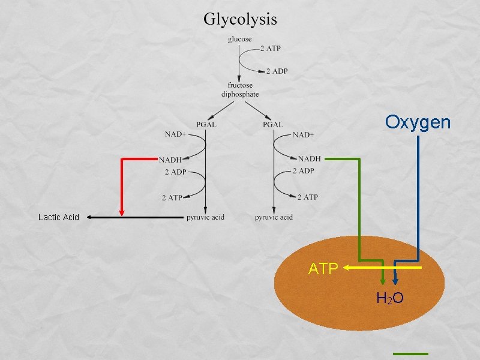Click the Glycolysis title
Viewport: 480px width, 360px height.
coord(240,19)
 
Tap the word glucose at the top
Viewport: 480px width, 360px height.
coord(239,40)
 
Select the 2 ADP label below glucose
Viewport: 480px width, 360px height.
coord(277,71)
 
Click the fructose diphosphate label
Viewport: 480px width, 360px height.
coord(240,89)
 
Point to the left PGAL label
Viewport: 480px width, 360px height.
coord(206,125)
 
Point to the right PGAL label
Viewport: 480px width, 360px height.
coord(272,125)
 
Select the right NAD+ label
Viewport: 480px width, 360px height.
coord(304,134)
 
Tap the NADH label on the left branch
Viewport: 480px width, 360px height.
coord(170,160)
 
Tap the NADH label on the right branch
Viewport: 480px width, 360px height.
coord(310,159)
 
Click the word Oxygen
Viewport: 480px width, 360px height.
coord(418,122)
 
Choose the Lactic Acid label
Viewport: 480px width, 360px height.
coord(58,217)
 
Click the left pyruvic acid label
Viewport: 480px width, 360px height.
coord(205,217)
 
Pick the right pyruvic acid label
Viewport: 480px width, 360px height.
coord(274,217)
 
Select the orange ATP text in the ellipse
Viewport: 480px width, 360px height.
coord(323,269)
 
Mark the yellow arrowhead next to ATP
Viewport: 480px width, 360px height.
coord(347,269)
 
